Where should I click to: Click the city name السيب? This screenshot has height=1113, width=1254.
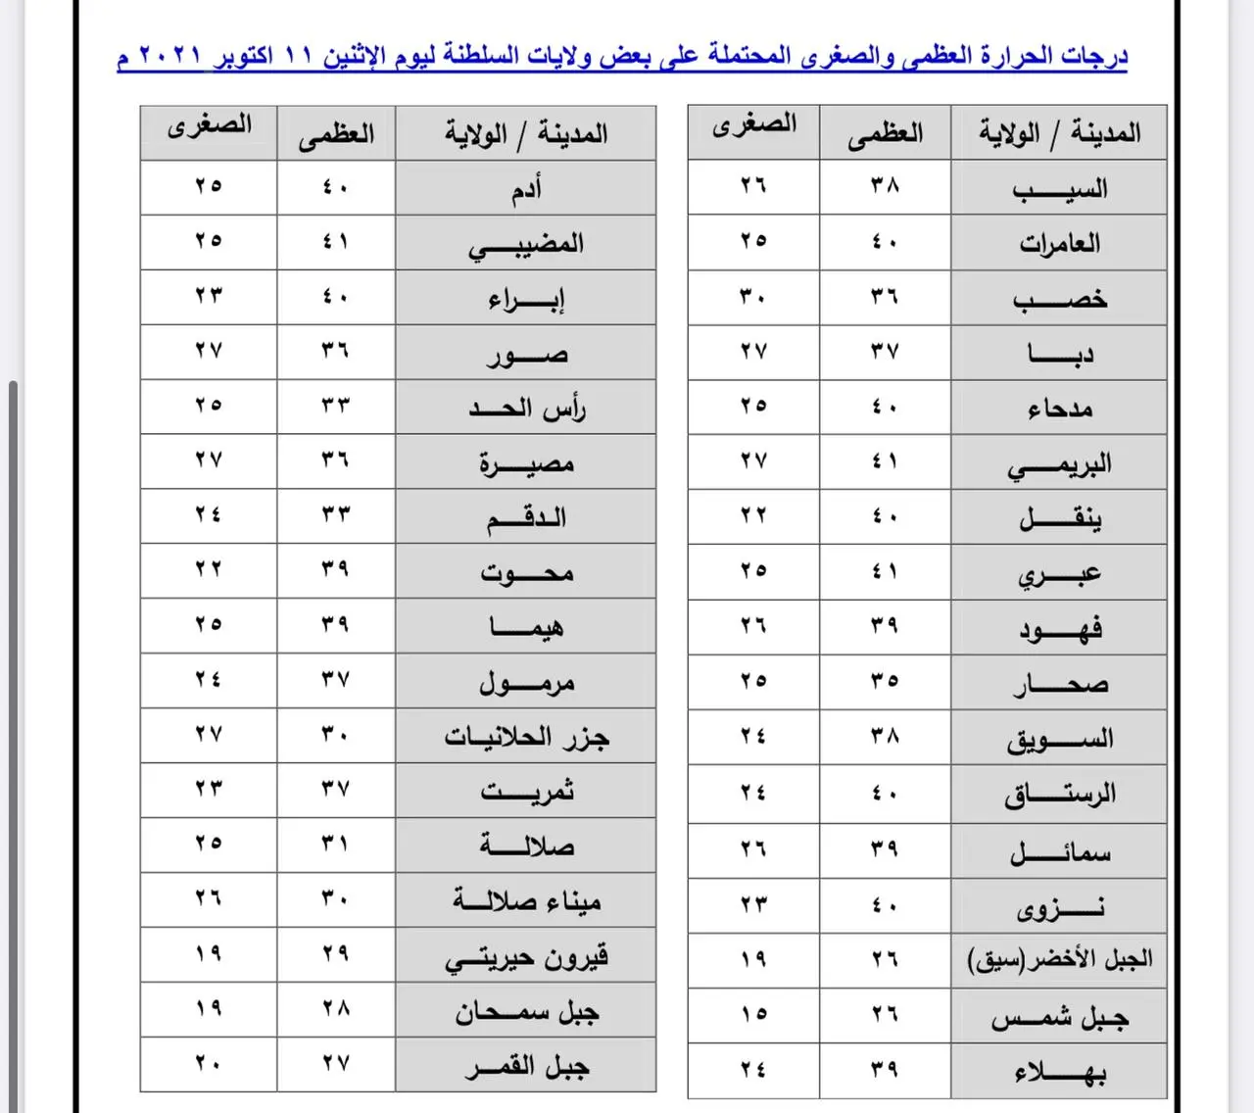tap(1059, 188)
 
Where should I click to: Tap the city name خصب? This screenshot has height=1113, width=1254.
tap(1059, 298)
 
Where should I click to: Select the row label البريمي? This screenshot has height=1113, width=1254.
tap(1059, 463)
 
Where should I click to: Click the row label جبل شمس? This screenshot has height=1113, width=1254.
tap(1059, 1017)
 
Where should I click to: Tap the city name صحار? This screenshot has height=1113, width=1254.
tap(1059, 682)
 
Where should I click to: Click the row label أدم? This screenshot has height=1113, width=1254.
tap(526, 188)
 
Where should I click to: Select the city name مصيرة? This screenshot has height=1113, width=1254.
tap(526, 461)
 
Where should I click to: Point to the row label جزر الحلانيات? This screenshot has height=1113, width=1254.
tap(526, 735)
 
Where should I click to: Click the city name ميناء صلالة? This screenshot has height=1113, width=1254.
tap(526, 899)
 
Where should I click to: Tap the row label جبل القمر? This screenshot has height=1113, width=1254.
tap(526, 1065)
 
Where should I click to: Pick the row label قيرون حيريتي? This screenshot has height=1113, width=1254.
tap(526, 955)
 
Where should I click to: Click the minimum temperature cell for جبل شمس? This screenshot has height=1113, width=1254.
tap(753, 1014)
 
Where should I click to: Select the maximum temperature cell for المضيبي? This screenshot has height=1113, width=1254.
tap(336, 241)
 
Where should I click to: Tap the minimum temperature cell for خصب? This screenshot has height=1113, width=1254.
tap(753, 296)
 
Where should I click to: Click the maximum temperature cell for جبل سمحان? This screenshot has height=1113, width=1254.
tap(336, 1008)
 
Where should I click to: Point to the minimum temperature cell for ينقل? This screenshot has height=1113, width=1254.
tap(753, 515)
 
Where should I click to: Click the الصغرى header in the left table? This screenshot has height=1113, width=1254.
tap(209, 127)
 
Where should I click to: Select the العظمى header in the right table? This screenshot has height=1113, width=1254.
tap(885, 133)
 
